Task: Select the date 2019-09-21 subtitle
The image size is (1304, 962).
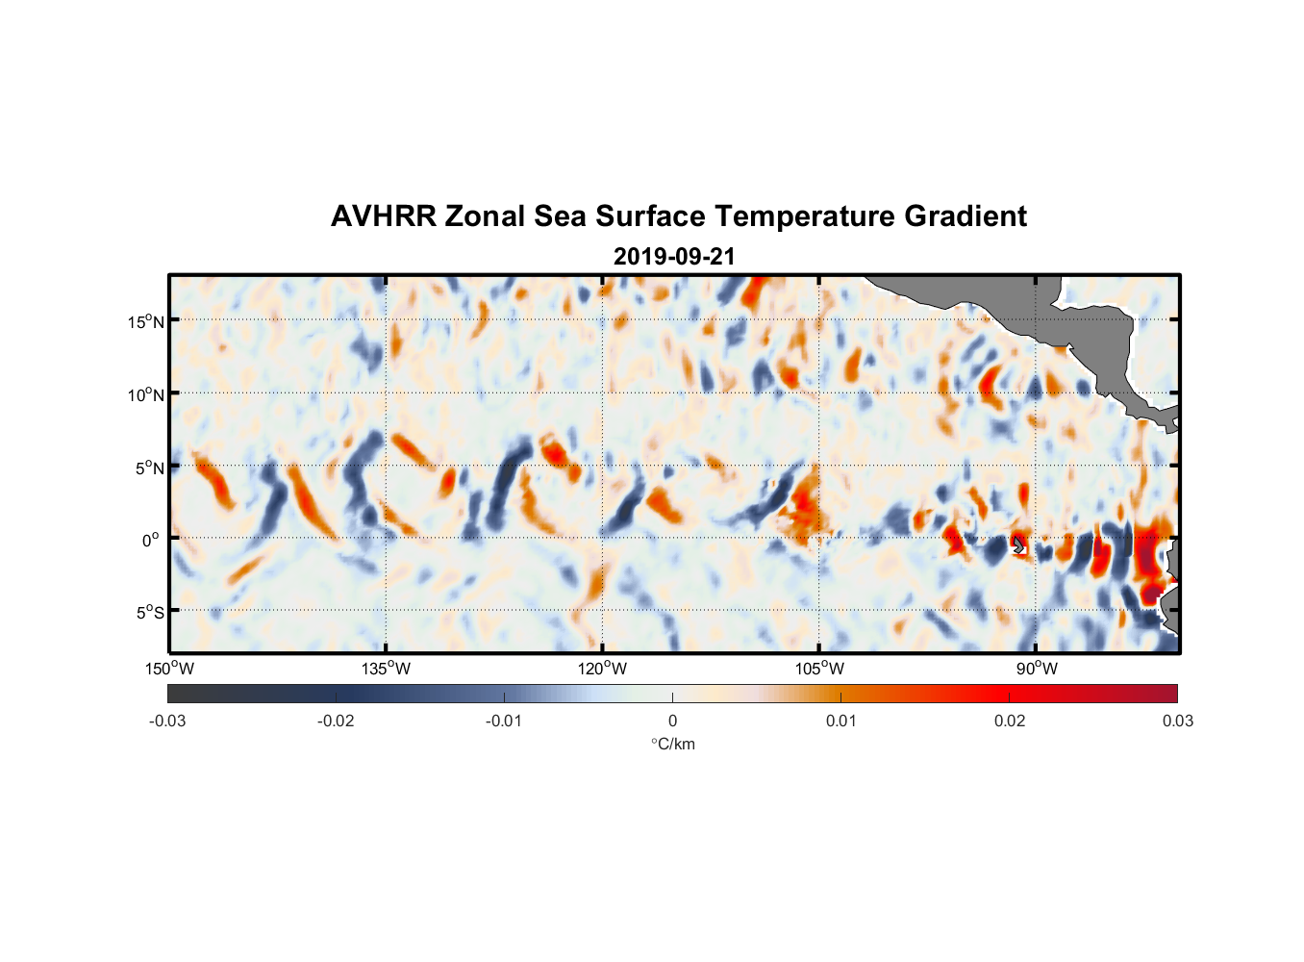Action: pos(674,257)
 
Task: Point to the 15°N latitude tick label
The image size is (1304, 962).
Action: pos(146,321)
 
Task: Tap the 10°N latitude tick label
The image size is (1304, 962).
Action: pos(146,394)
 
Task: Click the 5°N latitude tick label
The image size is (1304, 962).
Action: pos(149,468)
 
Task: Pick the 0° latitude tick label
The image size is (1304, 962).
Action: pos(151,541)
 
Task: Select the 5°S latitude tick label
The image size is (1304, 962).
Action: pos(149,613)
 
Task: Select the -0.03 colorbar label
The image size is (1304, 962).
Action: pos(167,721)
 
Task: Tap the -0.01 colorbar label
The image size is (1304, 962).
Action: pos(504,721)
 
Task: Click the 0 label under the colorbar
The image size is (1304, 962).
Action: pos(672,721)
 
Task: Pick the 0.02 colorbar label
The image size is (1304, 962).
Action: pos(1010,721)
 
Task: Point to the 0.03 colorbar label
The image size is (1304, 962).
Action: pos(1177,721)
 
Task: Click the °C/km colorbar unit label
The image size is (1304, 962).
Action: pos(673,745)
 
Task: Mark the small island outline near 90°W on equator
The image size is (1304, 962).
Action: pos(1019,545)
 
